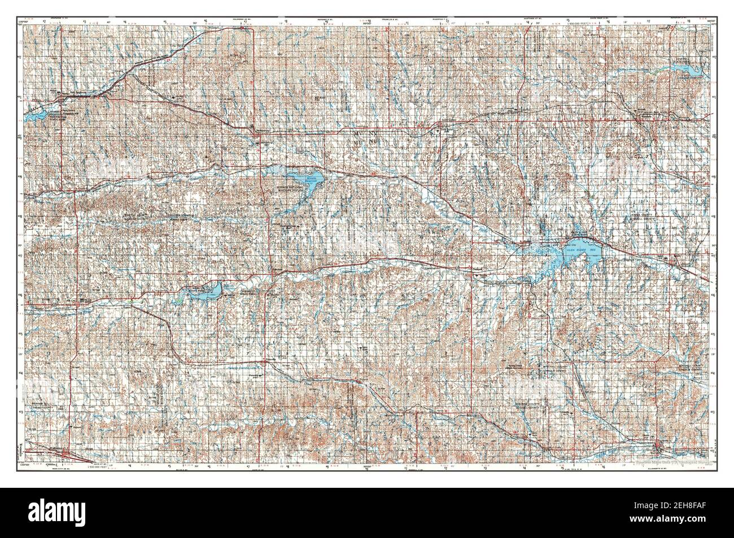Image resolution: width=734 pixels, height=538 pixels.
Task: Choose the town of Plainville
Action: click(265, 360)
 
